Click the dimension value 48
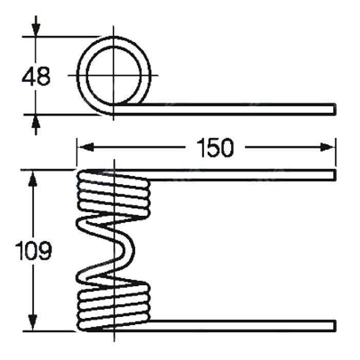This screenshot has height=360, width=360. click(36, 77)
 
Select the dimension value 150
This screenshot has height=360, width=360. click(215, 148)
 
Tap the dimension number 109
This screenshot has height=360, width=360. click(33, 251)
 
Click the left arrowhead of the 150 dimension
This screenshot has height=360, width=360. click(86, 147)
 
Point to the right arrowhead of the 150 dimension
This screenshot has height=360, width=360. click(328, 147)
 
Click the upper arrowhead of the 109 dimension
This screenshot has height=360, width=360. click(33, 178)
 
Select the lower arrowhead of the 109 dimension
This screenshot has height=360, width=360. click(33, 322)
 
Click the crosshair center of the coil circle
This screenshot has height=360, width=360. click(114, 75)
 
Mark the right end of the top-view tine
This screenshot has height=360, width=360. click(335, 109)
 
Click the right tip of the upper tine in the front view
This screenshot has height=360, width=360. click(335, 175)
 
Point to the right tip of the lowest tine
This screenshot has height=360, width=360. click(335, 326)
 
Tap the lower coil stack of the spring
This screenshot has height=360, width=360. click(114, 308)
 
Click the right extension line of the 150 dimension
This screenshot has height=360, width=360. click(336, 152)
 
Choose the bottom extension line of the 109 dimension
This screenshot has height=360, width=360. click(49, 331)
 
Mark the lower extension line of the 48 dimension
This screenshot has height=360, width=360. click(62, 114)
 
